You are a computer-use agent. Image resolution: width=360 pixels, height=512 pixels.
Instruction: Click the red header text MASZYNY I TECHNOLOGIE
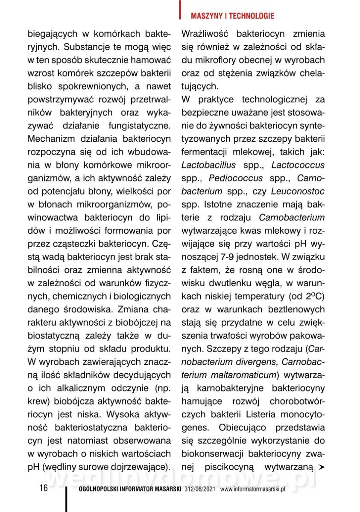(x=232, y=16)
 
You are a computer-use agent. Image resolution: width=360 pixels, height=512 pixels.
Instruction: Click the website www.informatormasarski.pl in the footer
(x=252, y=489)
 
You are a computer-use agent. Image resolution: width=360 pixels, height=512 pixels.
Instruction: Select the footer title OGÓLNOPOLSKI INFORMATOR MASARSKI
(x=131, y=489)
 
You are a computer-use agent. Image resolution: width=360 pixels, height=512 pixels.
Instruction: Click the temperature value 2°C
(x=314, y=296)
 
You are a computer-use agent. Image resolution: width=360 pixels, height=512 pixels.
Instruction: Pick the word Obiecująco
(x=243, y=427)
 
